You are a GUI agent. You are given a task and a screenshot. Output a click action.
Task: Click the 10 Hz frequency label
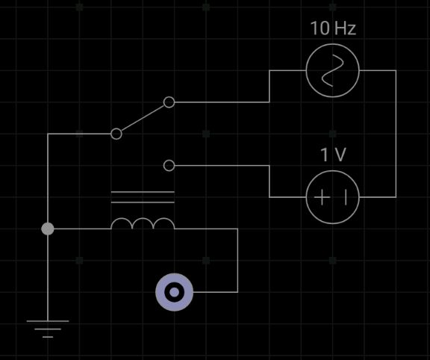point(333,28)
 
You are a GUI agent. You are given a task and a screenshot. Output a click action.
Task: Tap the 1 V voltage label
point(333,155)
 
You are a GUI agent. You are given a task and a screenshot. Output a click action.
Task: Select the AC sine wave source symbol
point(332,70)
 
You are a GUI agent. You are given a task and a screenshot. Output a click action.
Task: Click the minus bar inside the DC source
point(345,197)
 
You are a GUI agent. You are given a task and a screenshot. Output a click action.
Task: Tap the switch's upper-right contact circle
point(169,102)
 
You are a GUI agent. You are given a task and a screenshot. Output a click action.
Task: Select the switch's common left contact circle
point(116,134)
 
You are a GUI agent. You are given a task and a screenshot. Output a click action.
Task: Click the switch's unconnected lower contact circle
point(169,166)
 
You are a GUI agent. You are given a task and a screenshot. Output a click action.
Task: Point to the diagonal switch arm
point(143,118)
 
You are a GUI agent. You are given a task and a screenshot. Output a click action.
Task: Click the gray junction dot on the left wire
point(48,229)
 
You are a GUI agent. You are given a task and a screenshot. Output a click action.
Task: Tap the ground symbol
point(48,329)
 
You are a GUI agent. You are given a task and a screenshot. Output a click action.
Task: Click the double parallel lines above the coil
point(143,197)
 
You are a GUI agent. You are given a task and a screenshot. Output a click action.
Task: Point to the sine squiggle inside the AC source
point(332,70)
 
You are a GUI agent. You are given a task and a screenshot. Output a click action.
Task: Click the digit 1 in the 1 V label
point(325,155)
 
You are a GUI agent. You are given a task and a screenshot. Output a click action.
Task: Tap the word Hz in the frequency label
point(345,28)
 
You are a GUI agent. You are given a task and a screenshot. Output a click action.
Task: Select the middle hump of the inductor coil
point(143,218)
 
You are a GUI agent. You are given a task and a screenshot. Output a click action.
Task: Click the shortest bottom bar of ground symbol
point(48,337)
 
